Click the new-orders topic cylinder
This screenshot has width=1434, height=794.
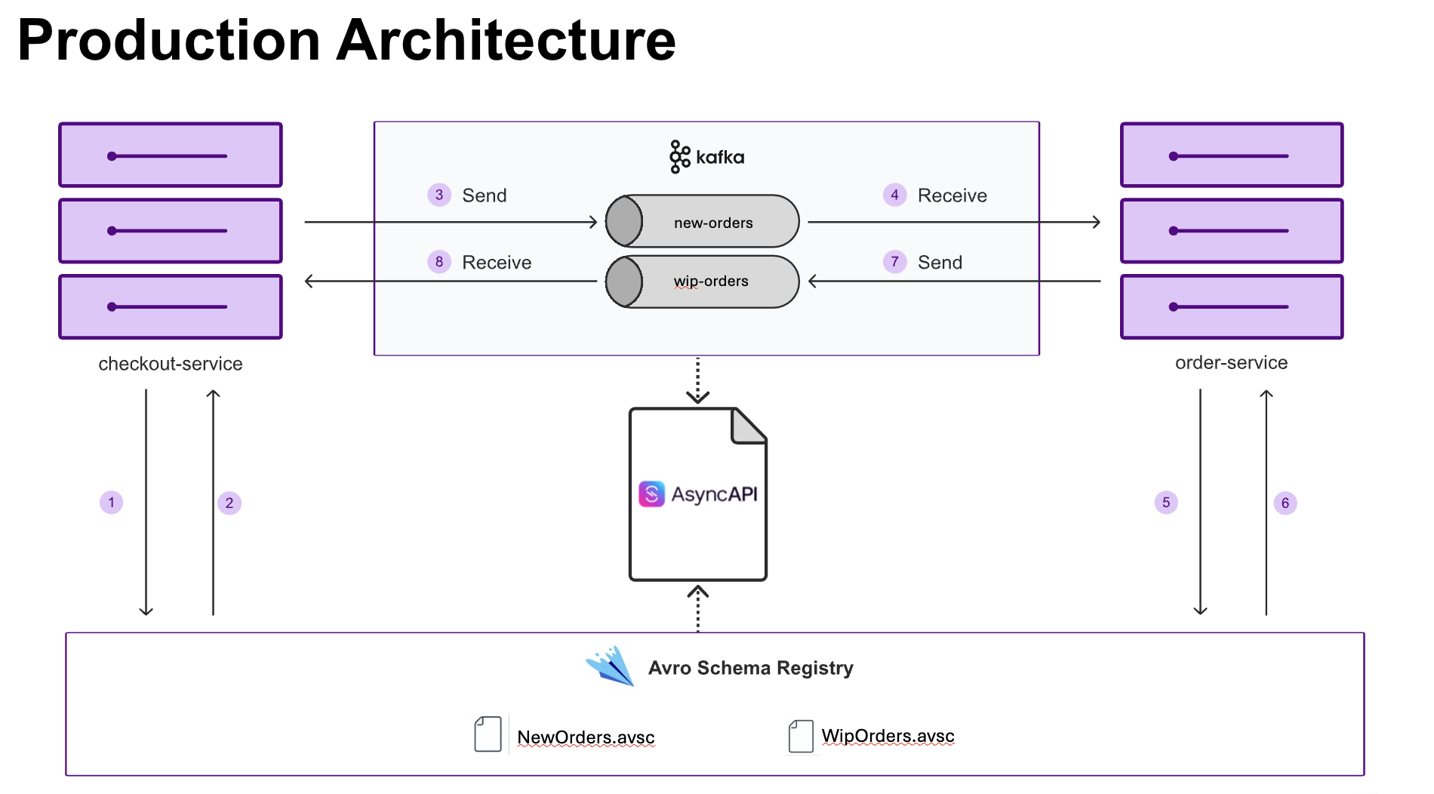[702, 221]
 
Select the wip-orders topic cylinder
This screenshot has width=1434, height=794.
[702, 282]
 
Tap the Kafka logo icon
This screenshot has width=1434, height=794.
[679, 157]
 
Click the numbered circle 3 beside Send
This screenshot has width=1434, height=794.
[439, 195]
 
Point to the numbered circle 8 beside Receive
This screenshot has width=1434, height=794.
[439, 262]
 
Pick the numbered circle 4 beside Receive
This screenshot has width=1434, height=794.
[894, 195]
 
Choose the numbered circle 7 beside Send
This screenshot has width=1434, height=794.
[894, 262]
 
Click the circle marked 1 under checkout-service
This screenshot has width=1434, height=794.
[112, 502]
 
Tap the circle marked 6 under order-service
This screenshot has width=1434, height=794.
[1285, 503]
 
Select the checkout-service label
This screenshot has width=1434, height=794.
[171, 364]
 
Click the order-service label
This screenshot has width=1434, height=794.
[1231, 363]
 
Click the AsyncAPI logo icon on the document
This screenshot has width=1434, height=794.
[651, 494]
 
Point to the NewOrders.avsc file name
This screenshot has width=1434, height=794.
[586, 737]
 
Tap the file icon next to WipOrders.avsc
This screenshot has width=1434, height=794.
[801, 736]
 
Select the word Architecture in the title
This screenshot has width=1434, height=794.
[506, 41]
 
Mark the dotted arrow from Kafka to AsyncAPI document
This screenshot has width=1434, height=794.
[697, 380]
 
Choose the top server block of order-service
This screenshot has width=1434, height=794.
[1231, 155]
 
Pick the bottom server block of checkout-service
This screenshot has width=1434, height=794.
[171, 306]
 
